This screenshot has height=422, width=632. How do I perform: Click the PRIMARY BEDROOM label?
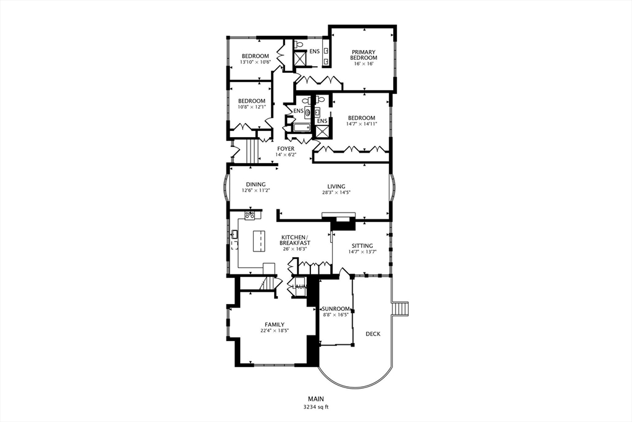364,55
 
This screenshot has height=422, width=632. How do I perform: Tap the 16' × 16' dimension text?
364,64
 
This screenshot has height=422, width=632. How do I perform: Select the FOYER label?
286,149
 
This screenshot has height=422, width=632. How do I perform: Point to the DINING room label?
256,184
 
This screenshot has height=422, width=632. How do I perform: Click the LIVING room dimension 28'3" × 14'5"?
336,192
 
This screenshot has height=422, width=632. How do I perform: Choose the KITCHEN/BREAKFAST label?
295,240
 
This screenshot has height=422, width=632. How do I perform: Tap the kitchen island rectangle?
260,241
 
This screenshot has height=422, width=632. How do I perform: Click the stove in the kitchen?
250,215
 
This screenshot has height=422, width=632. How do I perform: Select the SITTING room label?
362,246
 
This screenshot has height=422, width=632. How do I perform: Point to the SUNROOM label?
336,309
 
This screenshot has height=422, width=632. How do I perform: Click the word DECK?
373,334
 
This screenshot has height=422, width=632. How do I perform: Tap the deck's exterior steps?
400,308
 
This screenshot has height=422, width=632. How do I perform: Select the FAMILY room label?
275,324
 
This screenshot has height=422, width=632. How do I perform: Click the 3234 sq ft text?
316,407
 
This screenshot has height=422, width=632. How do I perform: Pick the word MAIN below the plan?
316,399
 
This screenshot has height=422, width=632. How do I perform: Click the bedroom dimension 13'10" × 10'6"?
255,62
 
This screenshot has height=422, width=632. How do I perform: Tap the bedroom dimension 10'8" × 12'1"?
252,107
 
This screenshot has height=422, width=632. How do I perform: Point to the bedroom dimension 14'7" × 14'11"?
362,124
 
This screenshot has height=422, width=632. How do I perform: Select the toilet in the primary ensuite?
299,44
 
